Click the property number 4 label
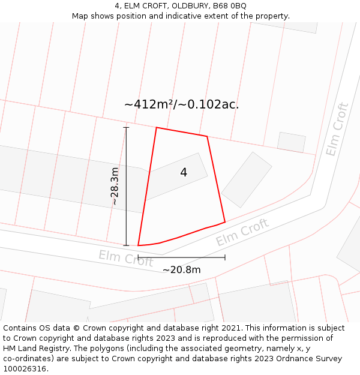(x=184, y=173)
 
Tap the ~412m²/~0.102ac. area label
(x=181, y=104)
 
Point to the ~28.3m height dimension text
(x=115, y=187)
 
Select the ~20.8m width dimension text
(x=181, y=270)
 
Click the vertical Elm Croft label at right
(x=337, y=130)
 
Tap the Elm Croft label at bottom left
(x=126, y=258)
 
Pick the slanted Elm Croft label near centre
(x=242, y=233)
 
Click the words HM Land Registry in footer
(x=32, y=349)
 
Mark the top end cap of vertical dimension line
(x=126, y=127)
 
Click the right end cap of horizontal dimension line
(x=225, y=257)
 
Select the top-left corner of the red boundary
(x=157, y=128)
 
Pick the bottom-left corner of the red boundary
(x=139, y=245)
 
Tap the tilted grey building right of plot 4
(x=247, y=179)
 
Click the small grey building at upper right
(x=291, y=142)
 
